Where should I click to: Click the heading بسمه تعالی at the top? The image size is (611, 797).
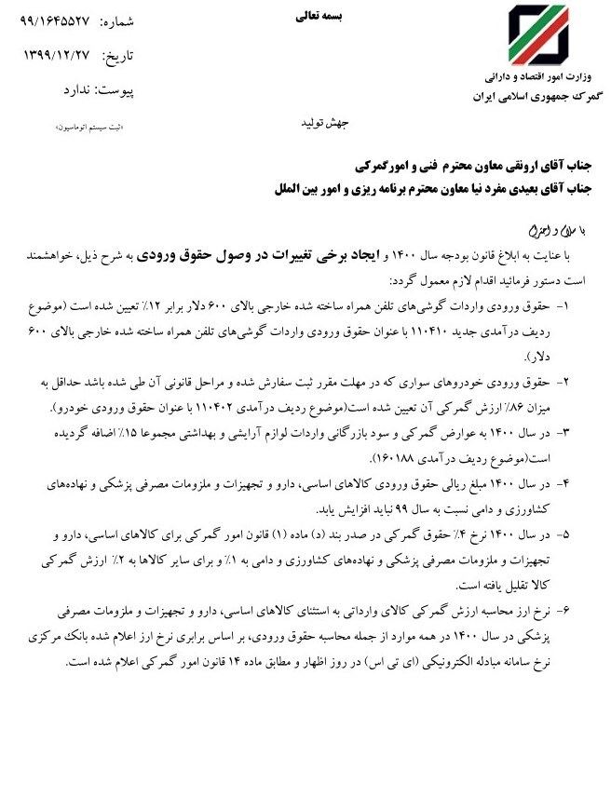(x=319, y=16)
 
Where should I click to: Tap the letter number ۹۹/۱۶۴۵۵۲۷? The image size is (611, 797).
(x=64, y=21)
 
